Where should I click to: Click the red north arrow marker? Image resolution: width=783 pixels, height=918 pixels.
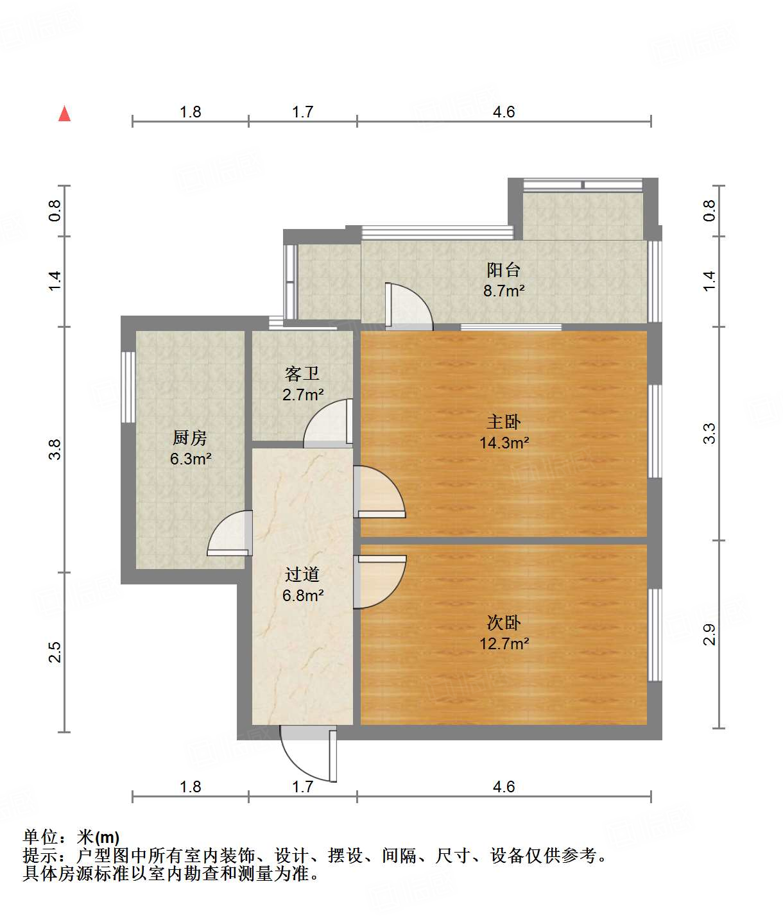point(64,114)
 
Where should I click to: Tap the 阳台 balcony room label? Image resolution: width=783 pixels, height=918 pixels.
point(503,269)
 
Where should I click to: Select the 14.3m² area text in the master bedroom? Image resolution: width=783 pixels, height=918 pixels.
point(504,443)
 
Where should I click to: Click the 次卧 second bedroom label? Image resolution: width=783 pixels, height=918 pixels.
point(504,622)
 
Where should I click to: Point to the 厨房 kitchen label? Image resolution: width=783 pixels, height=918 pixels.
point(190,438)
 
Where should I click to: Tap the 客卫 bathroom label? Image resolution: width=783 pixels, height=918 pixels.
point(302,373)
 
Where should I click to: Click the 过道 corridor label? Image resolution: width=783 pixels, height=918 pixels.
point(302,574)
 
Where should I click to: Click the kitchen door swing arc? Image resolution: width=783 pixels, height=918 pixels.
point(228,532)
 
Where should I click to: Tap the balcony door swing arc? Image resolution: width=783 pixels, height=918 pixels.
point(409,307)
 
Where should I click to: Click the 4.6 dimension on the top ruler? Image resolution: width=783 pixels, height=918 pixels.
point(504,112)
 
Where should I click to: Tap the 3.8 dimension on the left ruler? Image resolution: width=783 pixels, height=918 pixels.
point(55,449)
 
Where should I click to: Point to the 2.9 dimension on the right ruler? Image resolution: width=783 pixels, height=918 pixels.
point(709,634)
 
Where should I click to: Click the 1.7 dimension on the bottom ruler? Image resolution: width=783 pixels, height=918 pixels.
point(302,786)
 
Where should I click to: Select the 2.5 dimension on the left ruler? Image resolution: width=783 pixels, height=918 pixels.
point(55,652)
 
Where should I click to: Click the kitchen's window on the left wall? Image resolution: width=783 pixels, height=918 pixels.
point(128,387)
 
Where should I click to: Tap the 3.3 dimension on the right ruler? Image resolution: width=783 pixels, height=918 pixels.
point(709,434)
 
